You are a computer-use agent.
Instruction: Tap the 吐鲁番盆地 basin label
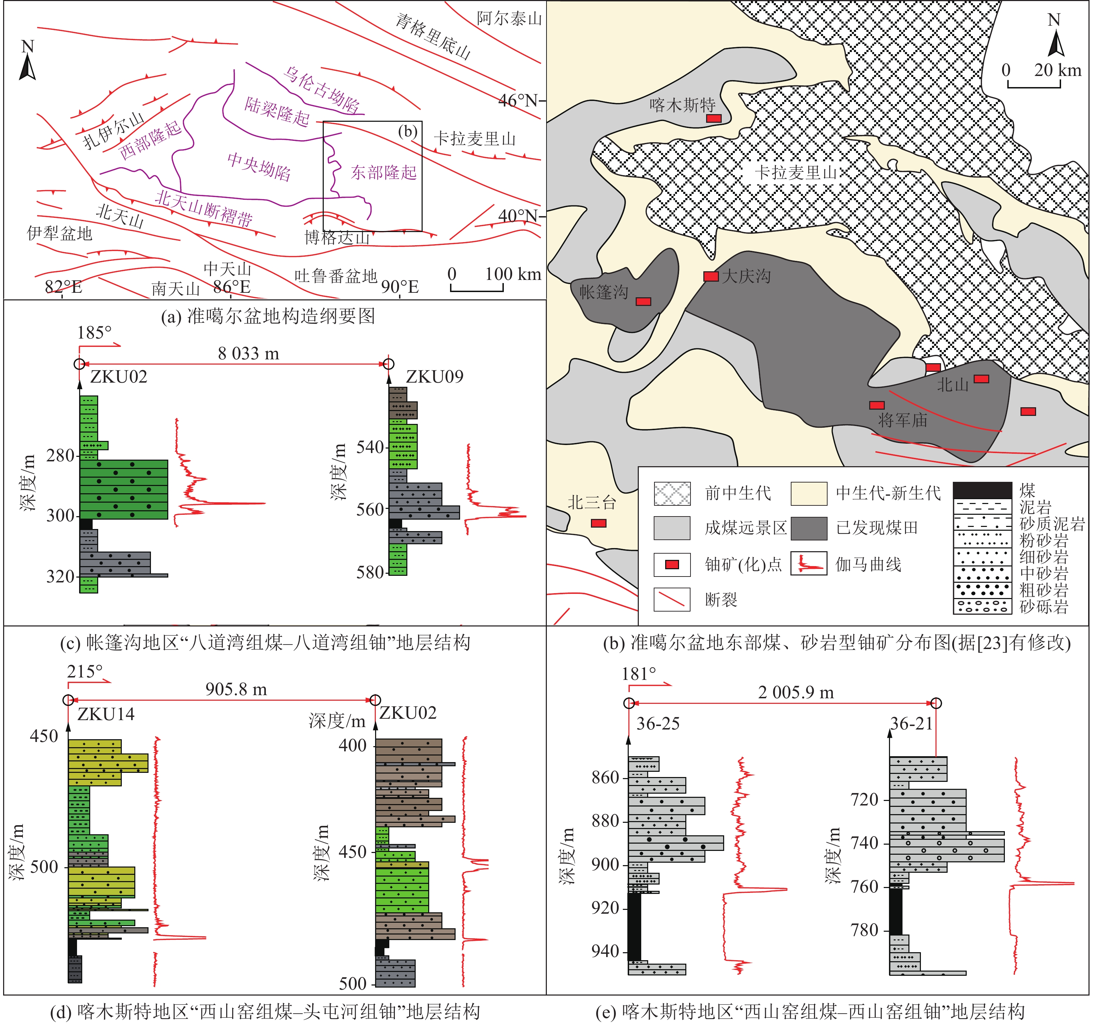336,275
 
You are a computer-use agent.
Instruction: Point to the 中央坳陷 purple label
259,166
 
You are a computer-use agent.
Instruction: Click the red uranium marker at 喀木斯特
714,118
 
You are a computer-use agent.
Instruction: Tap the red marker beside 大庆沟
711,276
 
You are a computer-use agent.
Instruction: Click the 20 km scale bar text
1057,70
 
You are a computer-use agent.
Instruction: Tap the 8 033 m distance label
248,353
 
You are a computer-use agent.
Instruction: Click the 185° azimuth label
94,333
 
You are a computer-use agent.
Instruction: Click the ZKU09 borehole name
434,376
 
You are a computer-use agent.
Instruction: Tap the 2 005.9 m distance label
796,693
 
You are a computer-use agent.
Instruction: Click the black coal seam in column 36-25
635,926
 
